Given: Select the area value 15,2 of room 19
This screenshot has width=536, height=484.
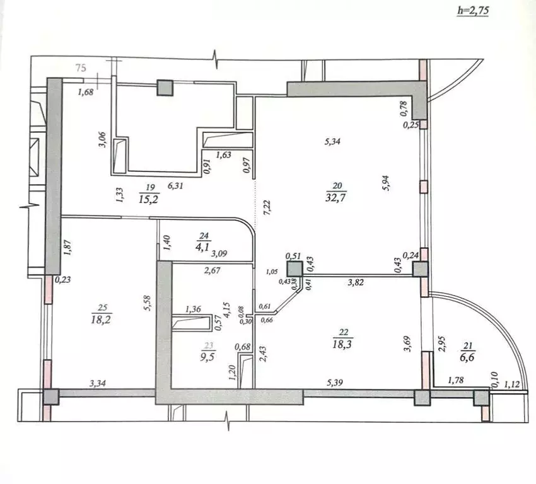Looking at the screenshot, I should (149, 199).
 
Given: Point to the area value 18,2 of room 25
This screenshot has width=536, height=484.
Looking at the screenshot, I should (103, 320).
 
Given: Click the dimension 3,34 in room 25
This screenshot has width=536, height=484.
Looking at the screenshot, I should (100, 382).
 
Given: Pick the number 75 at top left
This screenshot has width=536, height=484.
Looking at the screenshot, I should (80, 67).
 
